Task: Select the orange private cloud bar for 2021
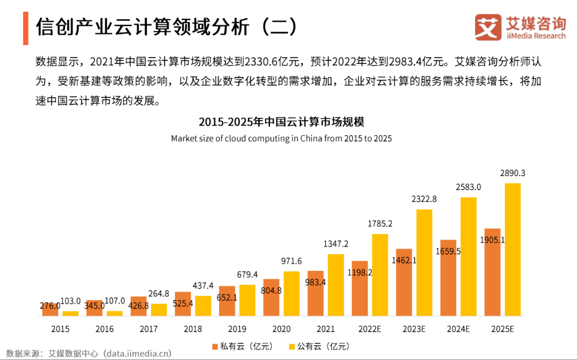pos(315,293)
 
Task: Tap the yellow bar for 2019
pos(247,300)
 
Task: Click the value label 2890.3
pos(512,173)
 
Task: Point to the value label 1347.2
pos(336,244)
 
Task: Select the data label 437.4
pos(203,286)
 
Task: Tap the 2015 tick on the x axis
pos(60,329)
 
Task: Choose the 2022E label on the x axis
pos(370,329)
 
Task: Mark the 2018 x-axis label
pos(193,329)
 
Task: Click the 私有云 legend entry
pos(243,347)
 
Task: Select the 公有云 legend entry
pos(319,347)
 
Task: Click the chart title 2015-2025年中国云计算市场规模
pos(281,122)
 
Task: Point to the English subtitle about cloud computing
pos(281,138)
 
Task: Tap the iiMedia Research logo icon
pos(488,27)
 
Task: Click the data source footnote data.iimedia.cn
pos(137,353)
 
